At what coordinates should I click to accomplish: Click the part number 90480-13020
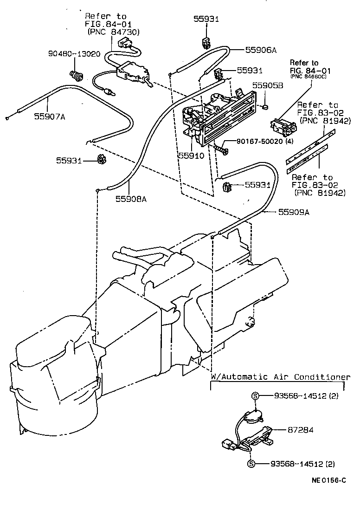point(74,54)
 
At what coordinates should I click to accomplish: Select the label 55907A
point(49,117)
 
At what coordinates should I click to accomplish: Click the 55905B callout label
point(268,85)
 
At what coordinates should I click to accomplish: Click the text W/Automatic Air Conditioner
point(280,377)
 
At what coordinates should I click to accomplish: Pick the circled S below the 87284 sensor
point(251,464)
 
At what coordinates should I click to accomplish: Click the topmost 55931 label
point(206,19)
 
